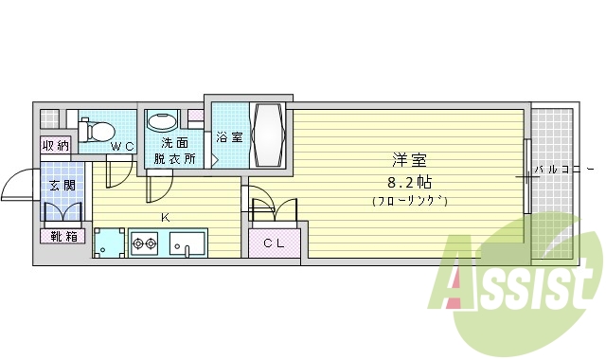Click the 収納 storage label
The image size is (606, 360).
pos(55,145)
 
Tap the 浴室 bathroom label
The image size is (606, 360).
pos(228,137)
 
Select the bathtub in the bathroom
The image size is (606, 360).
pos(267,135)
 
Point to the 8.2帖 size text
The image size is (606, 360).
pos(408,180)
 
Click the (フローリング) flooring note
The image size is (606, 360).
pos(408,200)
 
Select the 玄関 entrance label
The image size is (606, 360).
pos(62,186)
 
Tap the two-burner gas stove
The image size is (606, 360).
pos(146,243)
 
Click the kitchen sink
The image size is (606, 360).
pos(188,243)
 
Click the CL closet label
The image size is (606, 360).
pos(273,243)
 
